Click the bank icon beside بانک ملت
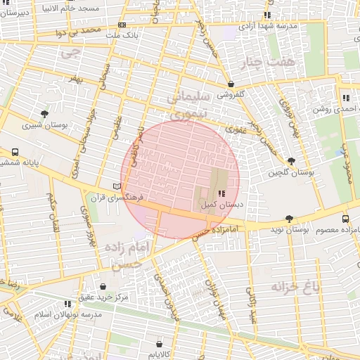click(123, 25)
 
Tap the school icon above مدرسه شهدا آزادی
click(267, 15)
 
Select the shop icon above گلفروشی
click(231, 83)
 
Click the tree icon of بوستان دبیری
click(45, 114)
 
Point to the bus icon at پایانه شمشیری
click(15, 152)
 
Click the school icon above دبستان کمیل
click(221, 193)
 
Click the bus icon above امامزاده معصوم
click(345, 219)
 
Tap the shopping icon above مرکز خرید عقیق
click(103, 286)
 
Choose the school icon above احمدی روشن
click(345, 98)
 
